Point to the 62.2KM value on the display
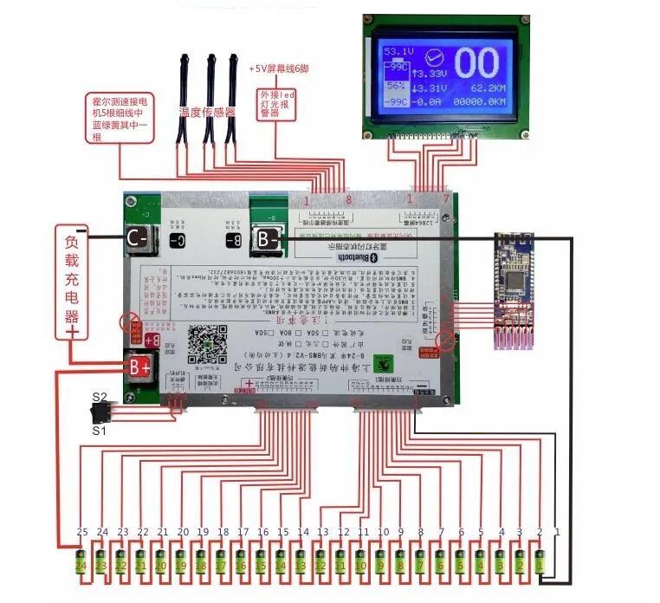click(488, 88)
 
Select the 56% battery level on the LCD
click(396, 87)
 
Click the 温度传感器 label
click(207, 112)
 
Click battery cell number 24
click(81, 564)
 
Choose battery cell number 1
click(539, 564)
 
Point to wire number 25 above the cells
click(82, 531)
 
